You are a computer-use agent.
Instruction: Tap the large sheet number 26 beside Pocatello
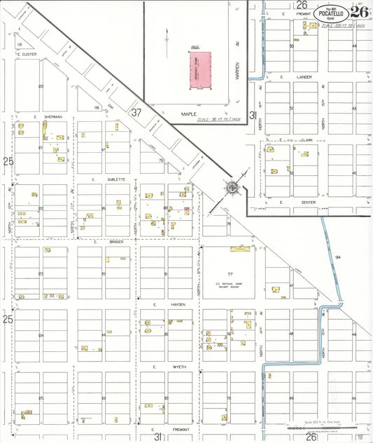pos(359,11)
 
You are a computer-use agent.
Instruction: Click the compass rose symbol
pos(231,188)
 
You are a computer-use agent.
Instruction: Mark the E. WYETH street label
pos(162,367)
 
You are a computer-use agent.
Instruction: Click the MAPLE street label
pos(190,114)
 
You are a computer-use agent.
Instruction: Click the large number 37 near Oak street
pos(136,111)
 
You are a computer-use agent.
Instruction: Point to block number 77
pos(229,273)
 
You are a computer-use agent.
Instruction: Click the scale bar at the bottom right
pos(329,425)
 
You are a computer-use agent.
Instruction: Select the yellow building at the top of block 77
pos(239,248)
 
